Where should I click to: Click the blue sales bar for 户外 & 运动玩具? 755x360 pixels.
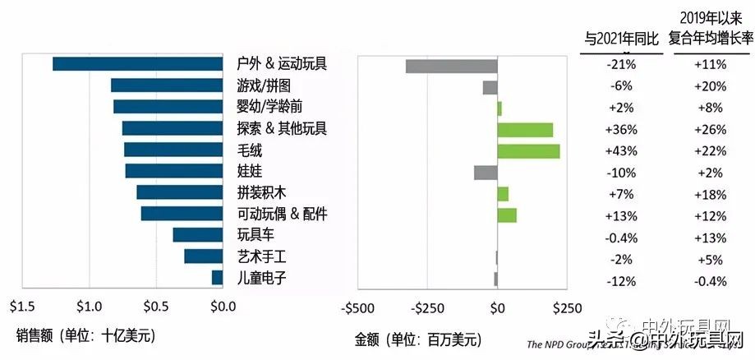pyautogui.click(x=138, y=64)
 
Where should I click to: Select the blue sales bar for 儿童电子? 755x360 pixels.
pyautogui.click(x=218, y=278)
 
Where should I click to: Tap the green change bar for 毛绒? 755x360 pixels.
pyautogui.click(x=528, y=150)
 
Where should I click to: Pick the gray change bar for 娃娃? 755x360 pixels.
pyautogui.click(x=486, y=172)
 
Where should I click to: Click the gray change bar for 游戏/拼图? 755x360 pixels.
pyautogui.click(x=490, y=86)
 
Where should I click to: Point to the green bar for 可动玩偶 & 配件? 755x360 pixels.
pyautogui.click(x=507, y=215)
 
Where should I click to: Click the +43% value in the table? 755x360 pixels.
pyautogui.click(x=620, y=151)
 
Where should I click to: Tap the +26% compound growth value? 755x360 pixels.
pyautogui.click(x=711, y=130)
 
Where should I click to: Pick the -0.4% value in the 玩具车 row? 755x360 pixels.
pyautogui.click(x=620, y=238)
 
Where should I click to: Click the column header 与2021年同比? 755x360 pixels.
pyautogui.click(x=620, y=38)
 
